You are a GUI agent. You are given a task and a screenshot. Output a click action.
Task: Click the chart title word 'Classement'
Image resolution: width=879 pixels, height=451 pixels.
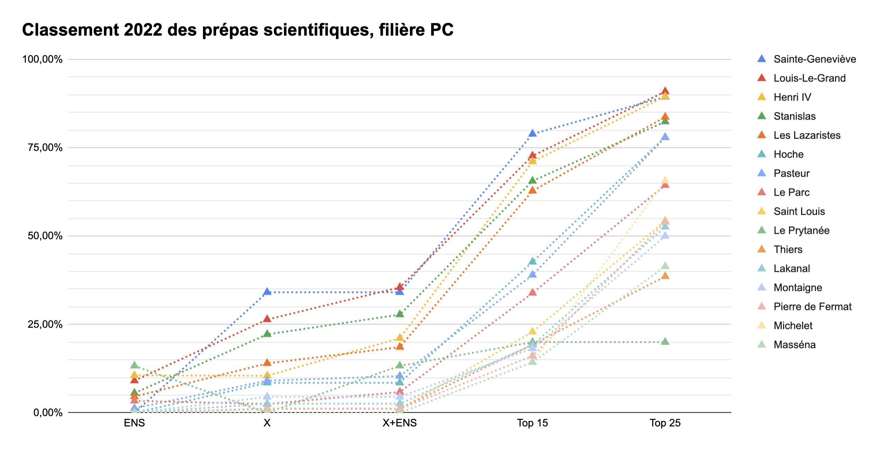[71, 30]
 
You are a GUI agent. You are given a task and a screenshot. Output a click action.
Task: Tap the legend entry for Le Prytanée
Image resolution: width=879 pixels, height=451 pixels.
[801, 230]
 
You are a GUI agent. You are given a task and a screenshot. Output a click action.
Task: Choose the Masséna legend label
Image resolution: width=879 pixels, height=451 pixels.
[794, 344]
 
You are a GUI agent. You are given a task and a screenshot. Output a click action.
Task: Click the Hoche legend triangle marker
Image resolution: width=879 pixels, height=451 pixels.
[762, 154]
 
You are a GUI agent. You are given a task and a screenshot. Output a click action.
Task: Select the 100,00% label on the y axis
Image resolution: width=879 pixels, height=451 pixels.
[43, 59]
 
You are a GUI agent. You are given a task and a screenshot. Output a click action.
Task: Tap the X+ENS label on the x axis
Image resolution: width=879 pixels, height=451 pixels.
[399, 423]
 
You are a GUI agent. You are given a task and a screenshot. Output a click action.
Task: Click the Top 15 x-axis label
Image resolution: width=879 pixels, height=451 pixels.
[532, 423]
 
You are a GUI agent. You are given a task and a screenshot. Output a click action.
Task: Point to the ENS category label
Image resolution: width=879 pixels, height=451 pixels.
[134, 423]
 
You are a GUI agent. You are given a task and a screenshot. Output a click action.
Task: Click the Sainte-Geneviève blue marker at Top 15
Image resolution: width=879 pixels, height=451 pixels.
[533, 133]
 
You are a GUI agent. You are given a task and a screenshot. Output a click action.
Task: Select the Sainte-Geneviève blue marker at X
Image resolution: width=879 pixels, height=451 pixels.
[267, 292]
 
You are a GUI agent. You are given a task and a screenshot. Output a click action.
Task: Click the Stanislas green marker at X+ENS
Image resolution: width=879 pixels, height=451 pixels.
[400, 314]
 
